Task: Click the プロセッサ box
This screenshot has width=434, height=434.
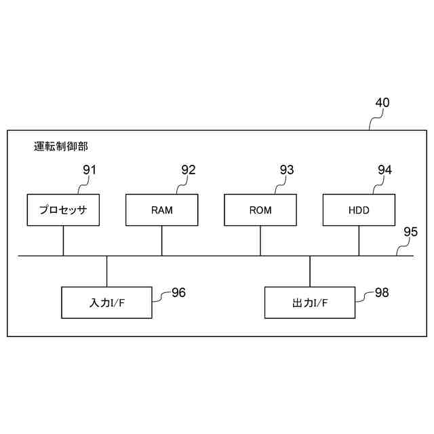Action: point(63,210)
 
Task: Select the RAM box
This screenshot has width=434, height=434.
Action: point(162,210)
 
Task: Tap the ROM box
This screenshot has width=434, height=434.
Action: point(260,210)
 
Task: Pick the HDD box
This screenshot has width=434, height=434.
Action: point(359,210)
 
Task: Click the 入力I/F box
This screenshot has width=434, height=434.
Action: point(107,302)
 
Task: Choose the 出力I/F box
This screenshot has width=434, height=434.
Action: point(310,302)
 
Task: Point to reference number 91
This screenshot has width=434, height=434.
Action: point(89,170)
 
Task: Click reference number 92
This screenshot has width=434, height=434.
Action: point(188,170)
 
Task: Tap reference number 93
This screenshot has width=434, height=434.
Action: point(286,170)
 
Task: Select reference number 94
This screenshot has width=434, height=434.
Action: point(384,170)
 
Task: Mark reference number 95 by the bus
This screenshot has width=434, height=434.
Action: point(410,232)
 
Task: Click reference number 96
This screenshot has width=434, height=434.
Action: point(178,292)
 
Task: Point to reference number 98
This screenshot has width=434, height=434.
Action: point(382,292)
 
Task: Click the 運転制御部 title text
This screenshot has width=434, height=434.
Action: point(61,146)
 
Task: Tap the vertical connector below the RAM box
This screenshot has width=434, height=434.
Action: point(162,241)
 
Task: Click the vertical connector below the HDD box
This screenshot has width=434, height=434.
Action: point(359,241)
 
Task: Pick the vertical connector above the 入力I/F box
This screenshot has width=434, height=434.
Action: point(107,271)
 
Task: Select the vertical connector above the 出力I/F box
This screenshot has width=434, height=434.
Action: point(310,271)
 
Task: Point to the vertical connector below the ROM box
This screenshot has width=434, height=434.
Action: point(260,241)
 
